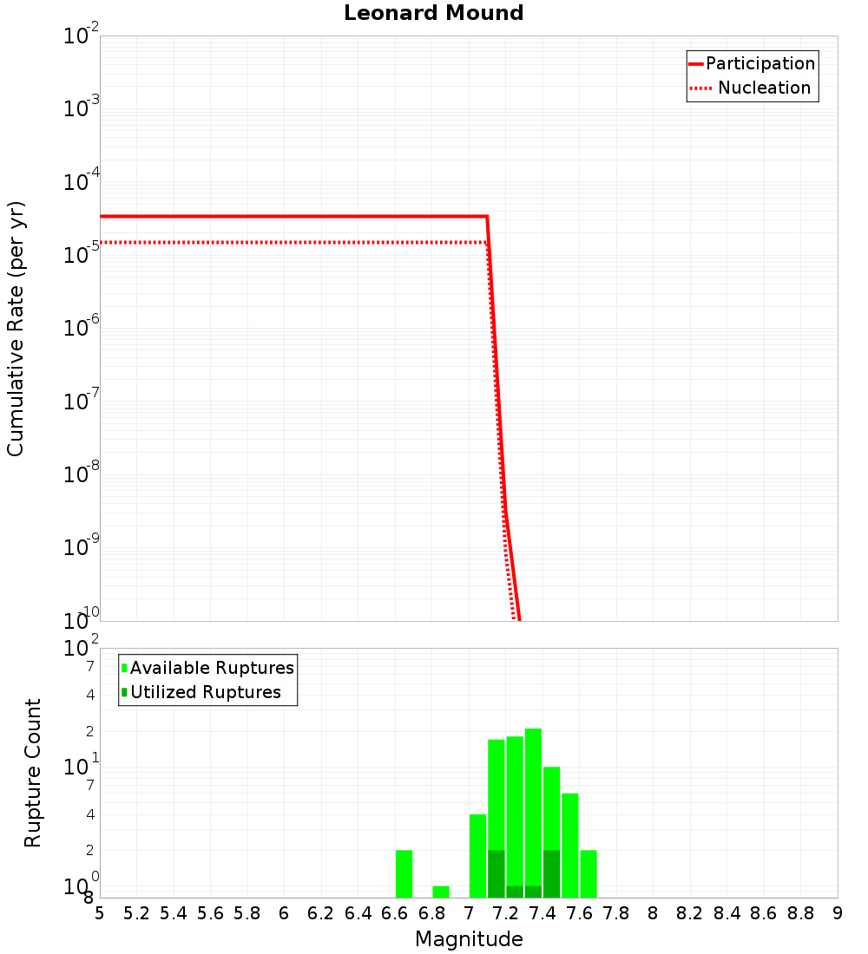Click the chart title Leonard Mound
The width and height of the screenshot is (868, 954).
[x=433, y=13]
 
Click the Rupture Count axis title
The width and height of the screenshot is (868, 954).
[x=33, y=772]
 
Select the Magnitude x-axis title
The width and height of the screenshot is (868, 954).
[x=469, y=939]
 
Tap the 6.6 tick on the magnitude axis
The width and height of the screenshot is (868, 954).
[x=395, y=913]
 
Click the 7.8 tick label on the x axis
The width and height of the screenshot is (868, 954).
[x=616, y=913]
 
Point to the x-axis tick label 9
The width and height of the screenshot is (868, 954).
[x=837, y=913]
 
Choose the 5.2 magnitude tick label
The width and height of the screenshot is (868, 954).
[x=136, y=913]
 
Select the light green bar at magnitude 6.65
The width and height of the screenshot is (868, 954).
[x=404, y=873]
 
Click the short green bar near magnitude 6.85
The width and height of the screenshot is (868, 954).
[x=441, y=892]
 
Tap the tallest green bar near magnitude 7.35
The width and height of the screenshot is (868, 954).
[x=533, y=807]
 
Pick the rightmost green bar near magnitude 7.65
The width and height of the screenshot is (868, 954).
[x=589, y=873]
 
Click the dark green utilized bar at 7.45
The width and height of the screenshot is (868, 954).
[x=551, y=873]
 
